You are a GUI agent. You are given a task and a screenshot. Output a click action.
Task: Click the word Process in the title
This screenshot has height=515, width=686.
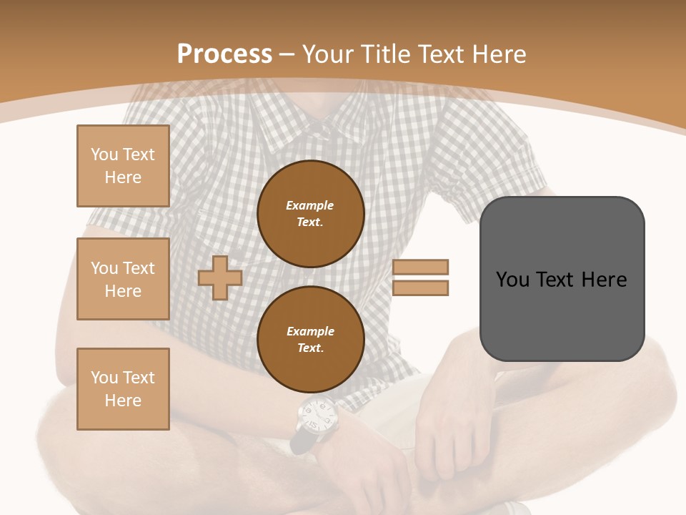pos(224,54)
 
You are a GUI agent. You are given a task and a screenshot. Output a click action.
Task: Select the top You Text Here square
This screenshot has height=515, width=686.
pos(123,166)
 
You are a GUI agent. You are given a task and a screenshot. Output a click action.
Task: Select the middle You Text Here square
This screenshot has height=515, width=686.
pos(123,279)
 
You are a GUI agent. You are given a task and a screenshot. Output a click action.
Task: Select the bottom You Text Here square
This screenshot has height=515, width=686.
pos(123,389)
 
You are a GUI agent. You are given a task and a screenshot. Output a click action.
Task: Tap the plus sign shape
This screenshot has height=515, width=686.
pos(220,278)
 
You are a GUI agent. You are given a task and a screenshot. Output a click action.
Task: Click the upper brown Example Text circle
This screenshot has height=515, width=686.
pos(311,214)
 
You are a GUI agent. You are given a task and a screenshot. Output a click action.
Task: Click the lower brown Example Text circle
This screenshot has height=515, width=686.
pos(311,340)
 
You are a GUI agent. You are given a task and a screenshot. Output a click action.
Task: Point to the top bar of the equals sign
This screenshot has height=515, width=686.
pos(421,267)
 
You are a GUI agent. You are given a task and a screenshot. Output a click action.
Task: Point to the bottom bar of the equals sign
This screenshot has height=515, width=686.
pos(421,288)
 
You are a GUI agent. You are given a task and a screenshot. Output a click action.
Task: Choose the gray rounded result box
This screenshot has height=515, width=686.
pos(562,279)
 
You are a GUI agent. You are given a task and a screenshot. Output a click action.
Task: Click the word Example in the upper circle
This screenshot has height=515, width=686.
pos(310,205)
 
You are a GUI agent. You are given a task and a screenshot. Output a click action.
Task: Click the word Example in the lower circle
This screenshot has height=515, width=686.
pos(310,331)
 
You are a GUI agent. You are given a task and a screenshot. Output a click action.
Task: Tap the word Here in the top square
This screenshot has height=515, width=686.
pos(123,177)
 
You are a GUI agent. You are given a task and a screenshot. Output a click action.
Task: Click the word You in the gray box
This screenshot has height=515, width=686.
pos(513,280)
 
